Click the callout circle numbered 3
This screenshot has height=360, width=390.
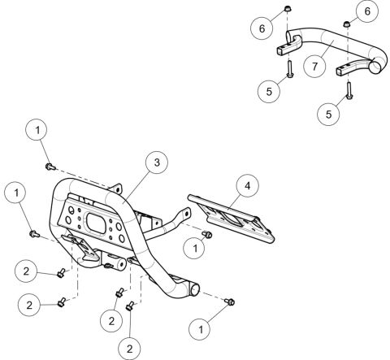(x=157, y=163)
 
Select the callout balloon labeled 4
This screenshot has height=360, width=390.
(x=247, y=186)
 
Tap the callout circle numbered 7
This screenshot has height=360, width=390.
(x=314, y=67)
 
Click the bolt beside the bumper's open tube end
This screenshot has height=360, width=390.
(x=230, y=301)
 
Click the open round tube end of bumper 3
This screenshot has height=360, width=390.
(x=194, y=291)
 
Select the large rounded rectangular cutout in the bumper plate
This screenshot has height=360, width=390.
(x=95, y=223)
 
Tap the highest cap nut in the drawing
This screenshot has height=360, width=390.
(x=288, y=9)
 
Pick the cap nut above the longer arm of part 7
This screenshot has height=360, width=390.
(x=347, y=24)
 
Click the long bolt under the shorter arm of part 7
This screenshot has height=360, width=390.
(x=289, y=69)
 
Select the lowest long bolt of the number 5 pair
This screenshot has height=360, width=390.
(x=349, y=90)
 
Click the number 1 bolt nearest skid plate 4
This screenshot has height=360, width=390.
(x=207, y=234)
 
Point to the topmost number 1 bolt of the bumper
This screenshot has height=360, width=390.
(x=50, y=167)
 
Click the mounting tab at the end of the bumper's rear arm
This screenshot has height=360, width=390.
(x=186, y=213)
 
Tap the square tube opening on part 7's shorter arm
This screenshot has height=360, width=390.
(x=280, y=51)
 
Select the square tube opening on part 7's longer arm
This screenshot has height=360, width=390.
(x=340, y=72)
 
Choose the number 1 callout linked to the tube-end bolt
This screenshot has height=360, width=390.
(x=201, y=329)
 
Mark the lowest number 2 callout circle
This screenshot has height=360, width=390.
(x=129, y=349)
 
